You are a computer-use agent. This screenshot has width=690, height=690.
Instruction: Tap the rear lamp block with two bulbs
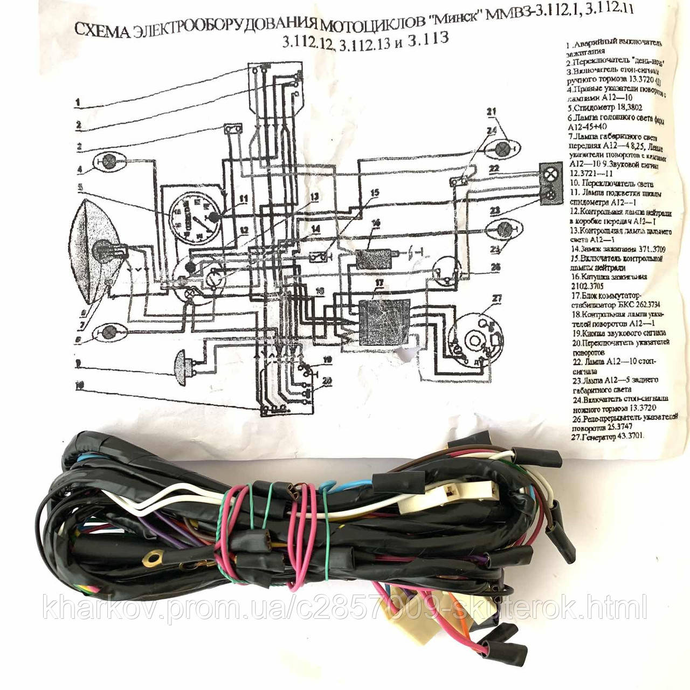coord(551,183)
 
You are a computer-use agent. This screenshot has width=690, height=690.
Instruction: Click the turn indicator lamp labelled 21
coord(504,147)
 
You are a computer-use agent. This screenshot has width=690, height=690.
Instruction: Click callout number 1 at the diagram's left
coord(78,102)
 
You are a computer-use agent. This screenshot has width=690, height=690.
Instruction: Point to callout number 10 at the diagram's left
coord(79,385)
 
